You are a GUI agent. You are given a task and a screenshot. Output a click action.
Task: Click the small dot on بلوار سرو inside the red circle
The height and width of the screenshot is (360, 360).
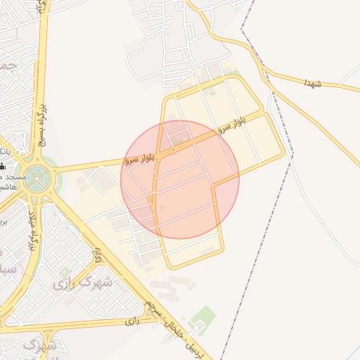(x=173, y=149)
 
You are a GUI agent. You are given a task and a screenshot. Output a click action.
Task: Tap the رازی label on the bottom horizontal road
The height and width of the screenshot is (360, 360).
(x=133, y=321)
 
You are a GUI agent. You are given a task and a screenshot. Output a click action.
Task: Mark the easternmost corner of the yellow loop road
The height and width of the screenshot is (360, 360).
(x=284, y=153)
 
